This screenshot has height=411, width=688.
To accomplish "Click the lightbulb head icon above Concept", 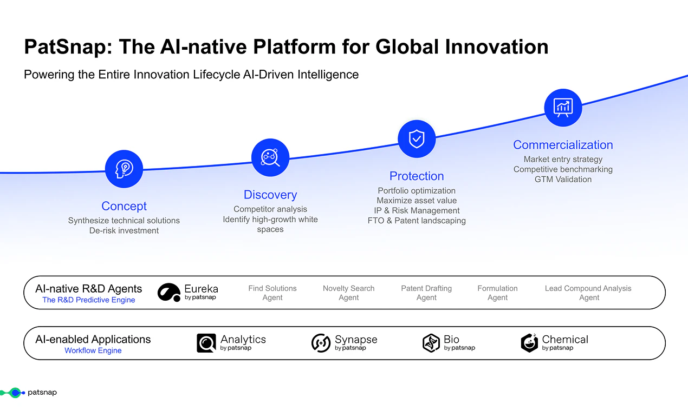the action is [x=124, y=169].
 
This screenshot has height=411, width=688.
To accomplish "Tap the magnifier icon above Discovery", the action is [x=270, y=158].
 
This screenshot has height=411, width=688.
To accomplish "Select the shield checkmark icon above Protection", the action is [x=417, y=139].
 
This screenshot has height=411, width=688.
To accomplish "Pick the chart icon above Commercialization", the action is [x=563, y=108].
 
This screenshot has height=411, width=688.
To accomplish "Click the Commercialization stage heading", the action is [x=563, y=145].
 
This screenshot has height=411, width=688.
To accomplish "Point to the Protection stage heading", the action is [x=417, y=176].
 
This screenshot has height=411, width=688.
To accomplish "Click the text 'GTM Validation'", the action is [x=563, y=180].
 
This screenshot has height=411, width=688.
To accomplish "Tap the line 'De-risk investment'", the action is [x=124, y=231].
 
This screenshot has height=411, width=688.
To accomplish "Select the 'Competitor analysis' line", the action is [x=270, y=209].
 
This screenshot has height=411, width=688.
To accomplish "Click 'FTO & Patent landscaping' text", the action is [x=417, y=221].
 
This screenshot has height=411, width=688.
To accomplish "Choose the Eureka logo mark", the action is [x=169, y=293].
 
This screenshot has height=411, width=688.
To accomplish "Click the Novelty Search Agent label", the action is [x=349, y=293].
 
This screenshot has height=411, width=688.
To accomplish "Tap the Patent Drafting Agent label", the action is [x=426, y=293].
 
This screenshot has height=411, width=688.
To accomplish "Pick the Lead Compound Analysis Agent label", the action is [x=588, y=293].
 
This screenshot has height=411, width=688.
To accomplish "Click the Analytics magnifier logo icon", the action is [x=206, y=343].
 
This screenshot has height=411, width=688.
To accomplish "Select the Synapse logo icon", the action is [x=321, y=343].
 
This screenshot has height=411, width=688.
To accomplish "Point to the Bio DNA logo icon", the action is [x=431, y=343].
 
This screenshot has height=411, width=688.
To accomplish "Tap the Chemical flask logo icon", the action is [x=529, y=343].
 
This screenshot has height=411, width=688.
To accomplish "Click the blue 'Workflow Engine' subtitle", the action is [x=93, y=350].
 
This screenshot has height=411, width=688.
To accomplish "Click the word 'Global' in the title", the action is [x=407, y=47].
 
